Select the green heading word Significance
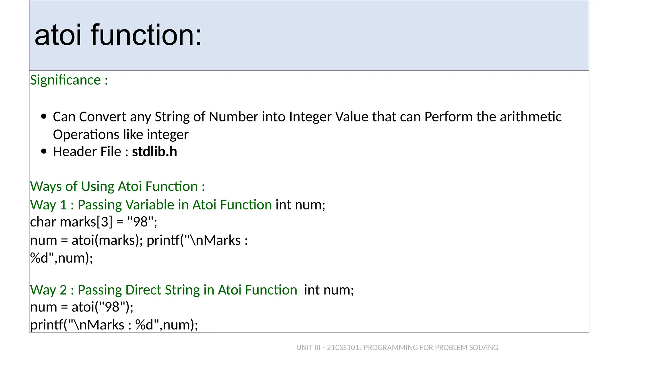65,80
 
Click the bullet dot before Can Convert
44,117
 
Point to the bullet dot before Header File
44,151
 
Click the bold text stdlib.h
154,151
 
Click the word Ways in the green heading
46,186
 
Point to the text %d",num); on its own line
61,258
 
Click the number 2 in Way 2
63,290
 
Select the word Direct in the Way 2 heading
143,290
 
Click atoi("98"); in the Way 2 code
102,307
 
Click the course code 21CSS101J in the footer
344,348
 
